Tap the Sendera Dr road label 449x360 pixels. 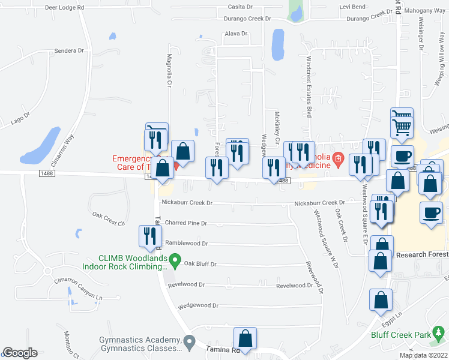tap(69, 51)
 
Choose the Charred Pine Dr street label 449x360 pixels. tap(186, 223)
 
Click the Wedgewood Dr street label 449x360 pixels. tap(198, 305)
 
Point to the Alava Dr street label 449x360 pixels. tap(236, 34)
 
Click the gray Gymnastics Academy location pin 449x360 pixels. tap(189, 341)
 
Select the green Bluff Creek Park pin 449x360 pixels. tap(439, 332)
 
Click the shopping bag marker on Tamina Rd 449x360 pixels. tap(245, 338)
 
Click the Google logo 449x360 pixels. tap(20, 353)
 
